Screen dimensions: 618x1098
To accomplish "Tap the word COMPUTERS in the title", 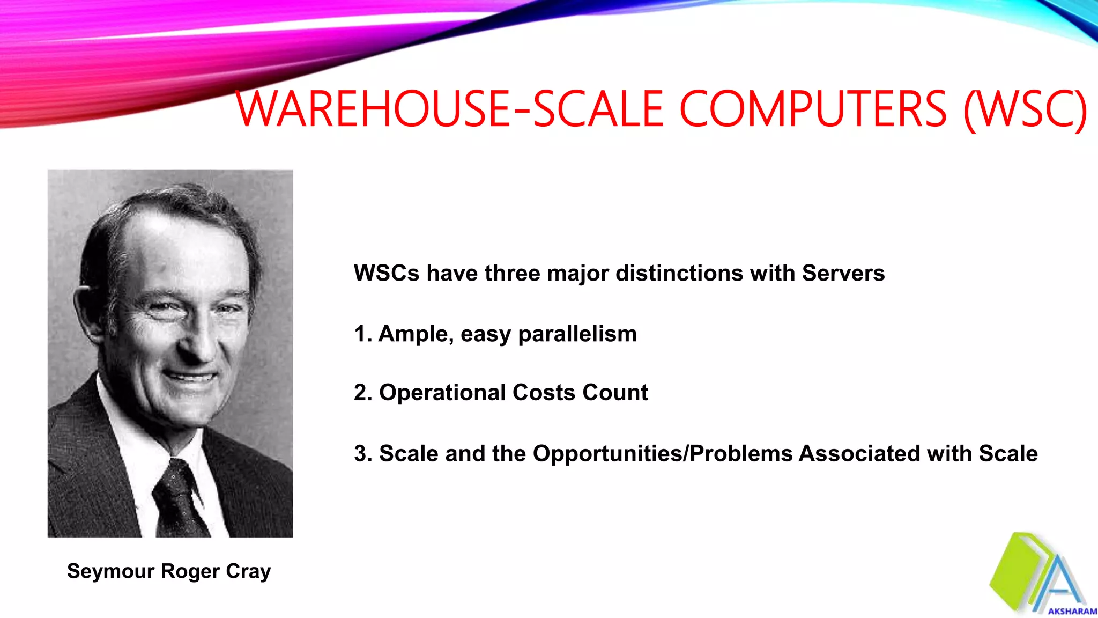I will coord(813,109).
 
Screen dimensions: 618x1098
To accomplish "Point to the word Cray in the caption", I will coord(248,571).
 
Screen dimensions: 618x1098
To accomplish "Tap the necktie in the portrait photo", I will coord(180,499).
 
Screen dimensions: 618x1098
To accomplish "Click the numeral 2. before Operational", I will coord(363,393).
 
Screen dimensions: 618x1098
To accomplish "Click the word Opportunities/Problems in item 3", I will coord(663,454).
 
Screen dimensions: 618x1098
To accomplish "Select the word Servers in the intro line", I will coord(843,274).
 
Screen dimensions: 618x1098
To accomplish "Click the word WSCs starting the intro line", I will coord(386,274).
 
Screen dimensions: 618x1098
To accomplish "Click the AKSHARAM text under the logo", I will coord(1072,611).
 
